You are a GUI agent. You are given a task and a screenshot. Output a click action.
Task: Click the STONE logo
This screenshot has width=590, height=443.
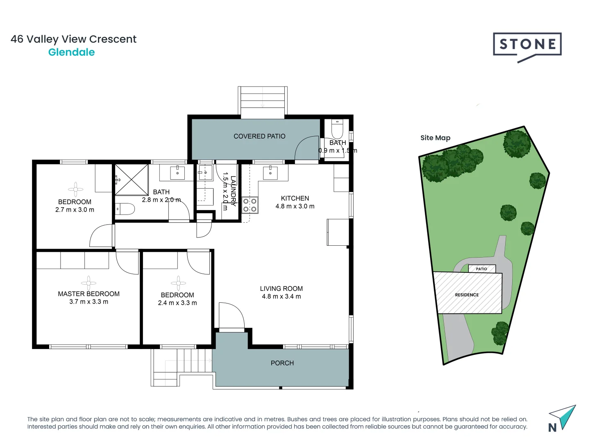pyautogui.click(x=527, y=46)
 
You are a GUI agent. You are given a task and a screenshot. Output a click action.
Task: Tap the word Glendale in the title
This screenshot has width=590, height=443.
pyautogui.click(x=71, y=52)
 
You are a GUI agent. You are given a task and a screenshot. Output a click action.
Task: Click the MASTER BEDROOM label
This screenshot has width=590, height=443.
pyautogui.click(x=88, y=294)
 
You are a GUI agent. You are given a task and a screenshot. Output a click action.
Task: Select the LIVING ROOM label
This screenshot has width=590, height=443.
pyautogui.click(x=281, y=288)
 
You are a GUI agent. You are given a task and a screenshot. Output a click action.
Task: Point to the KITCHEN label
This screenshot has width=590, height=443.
pyautogui.click(x=295, y=198)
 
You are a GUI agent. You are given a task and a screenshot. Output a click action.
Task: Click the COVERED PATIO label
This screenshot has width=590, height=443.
pyautogui.click(x=259, y=136)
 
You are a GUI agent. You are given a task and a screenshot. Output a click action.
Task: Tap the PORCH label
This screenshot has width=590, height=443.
pyautogui.click(x=282, y=363)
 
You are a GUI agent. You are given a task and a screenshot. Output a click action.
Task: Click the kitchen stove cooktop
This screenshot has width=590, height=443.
pyautogui.click(x=250, y=205)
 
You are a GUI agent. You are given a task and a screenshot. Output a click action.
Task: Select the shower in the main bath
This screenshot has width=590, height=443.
pyautogui.click(x=131, y=180)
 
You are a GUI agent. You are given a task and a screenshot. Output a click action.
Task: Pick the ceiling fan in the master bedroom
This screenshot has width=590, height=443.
pyautogui.click(x=88, y=283)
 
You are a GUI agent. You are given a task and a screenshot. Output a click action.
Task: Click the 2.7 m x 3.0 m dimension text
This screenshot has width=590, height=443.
pyautogui.click(x=75, y=210)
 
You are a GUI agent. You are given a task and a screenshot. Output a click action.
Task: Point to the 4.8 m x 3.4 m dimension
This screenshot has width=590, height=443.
pyautogui.click(x=281, y=297)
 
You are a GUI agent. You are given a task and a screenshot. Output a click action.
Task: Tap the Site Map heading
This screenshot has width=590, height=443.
pyautogui.click(x=435, y=138)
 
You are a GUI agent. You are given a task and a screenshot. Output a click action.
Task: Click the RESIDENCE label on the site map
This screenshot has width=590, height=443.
pyautogui.click(x=467, y=295)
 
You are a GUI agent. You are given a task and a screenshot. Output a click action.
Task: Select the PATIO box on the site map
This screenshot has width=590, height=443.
pyautogui.click(x=482, y=269)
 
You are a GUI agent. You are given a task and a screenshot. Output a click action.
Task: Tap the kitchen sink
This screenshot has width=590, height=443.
pyautogui.click(x=270, y=172)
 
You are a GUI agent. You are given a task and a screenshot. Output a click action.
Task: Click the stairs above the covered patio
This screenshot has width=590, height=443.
pyautogui.click(x=263, y=100)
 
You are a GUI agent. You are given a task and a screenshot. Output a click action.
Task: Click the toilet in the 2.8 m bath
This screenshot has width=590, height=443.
pyautogui.click(x=125, y=209)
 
